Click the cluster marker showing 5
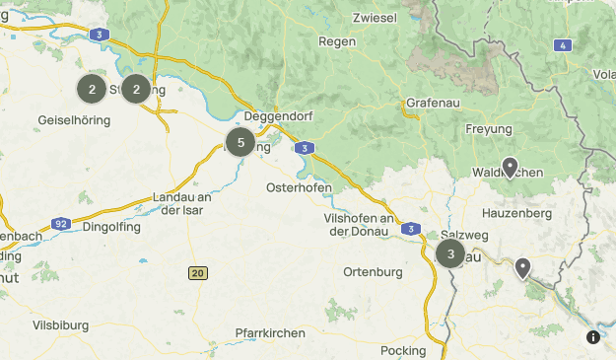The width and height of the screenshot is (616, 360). [x=240, y=143]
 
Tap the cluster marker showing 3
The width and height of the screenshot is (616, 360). [x=450, y=253]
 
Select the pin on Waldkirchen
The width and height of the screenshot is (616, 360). [x=509, y=167]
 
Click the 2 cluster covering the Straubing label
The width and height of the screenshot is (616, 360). [x=136, y=89]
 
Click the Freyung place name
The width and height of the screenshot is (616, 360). [x=489, y=129]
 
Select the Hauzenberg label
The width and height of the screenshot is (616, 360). [x=514, y=212]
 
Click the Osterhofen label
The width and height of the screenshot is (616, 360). [x=299, y=187]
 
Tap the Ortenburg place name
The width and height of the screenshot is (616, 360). [x=374, y=271]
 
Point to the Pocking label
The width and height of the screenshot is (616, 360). [x=402, y=350]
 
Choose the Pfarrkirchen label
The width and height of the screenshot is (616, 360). [x=270, y=333]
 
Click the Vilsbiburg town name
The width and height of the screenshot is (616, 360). [x=60, y=324]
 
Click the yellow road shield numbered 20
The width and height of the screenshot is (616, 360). [x=198, y=272]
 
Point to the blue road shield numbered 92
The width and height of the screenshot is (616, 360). [x=61, y=224]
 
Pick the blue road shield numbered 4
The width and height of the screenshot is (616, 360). [x=562, y=45]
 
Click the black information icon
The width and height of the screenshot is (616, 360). [x=593, y=337]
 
